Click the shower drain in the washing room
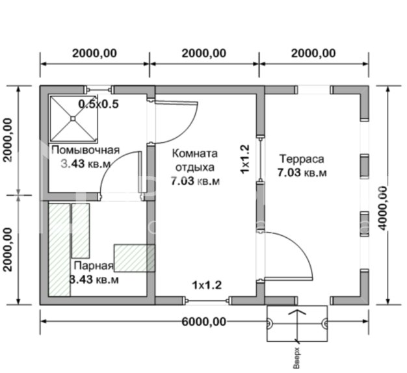point(73,118)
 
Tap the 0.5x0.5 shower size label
point(99,104)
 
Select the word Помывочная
point(86,150)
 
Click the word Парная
point(94,266)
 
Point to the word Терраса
point(302,159)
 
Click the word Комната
point(194,153)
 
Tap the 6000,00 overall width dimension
point(203,322)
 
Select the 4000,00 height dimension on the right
point(382,209)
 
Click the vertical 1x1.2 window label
point(244,159)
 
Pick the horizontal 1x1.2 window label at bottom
point(207,285)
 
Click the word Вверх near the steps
point(296,358)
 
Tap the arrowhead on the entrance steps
point(297,312)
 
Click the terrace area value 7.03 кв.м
point(302,172)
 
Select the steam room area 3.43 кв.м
point(94,279)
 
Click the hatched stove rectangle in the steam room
point(135,258)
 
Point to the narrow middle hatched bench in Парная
point(81,231)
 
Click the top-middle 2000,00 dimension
point(204,53)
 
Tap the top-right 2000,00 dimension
point(313,53)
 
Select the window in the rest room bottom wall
point(207,301)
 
